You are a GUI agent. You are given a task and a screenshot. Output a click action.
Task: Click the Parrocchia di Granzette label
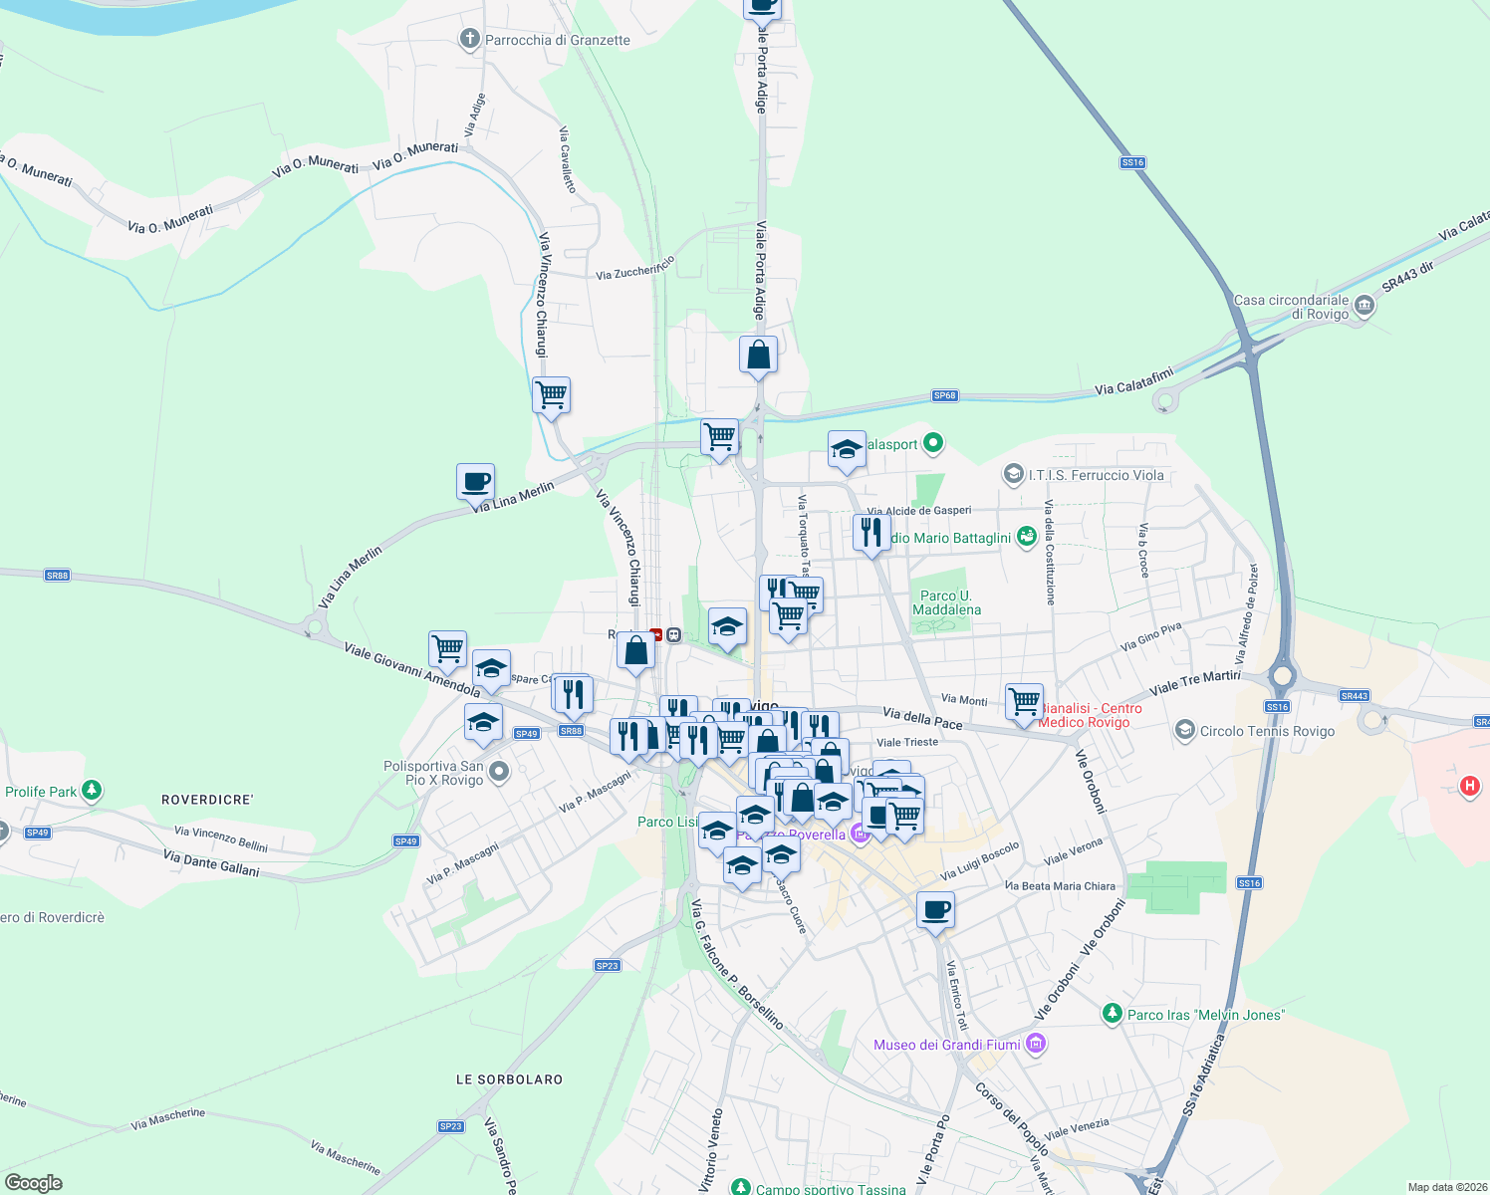click(557, 40)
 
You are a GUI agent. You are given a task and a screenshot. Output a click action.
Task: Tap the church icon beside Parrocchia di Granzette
click(469, 39)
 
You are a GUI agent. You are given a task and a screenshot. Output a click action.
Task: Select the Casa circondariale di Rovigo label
click(1291, 307)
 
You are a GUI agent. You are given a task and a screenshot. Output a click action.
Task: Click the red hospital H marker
click(1469, 787)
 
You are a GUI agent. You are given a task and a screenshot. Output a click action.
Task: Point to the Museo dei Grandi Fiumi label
click(946, 1045)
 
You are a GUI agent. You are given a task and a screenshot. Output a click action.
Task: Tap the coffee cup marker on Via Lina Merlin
click(476, 482)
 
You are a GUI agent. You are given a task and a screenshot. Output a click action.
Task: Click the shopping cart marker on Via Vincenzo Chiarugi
click(552, 395)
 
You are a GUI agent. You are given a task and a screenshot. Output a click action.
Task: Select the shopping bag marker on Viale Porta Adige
click(759, 355)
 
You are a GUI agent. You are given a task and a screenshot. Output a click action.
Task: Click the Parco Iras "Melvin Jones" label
click(1205, 1015)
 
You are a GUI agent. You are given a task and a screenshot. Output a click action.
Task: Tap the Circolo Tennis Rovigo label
click(1267, 731)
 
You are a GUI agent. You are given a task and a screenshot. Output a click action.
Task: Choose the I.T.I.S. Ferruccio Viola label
click(1096, 475)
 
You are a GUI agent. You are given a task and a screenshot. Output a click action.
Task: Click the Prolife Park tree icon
click(92, 791)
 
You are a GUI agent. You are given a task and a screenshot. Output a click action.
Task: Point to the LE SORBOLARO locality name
click(509, 1079)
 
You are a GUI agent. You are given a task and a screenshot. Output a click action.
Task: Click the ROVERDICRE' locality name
click(207, 800)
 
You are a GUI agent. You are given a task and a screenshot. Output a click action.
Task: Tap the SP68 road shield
click(944, 395)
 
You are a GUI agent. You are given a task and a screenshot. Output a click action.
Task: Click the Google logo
click(33, 1183)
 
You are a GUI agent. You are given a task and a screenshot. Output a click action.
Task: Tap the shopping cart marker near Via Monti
click(1024, 701)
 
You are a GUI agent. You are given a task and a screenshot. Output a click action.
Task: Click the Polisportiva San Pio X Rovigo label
click(433, 773)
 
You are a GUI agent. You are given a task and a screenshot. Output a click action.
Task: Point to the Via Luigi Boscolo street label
click(980, 860)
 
